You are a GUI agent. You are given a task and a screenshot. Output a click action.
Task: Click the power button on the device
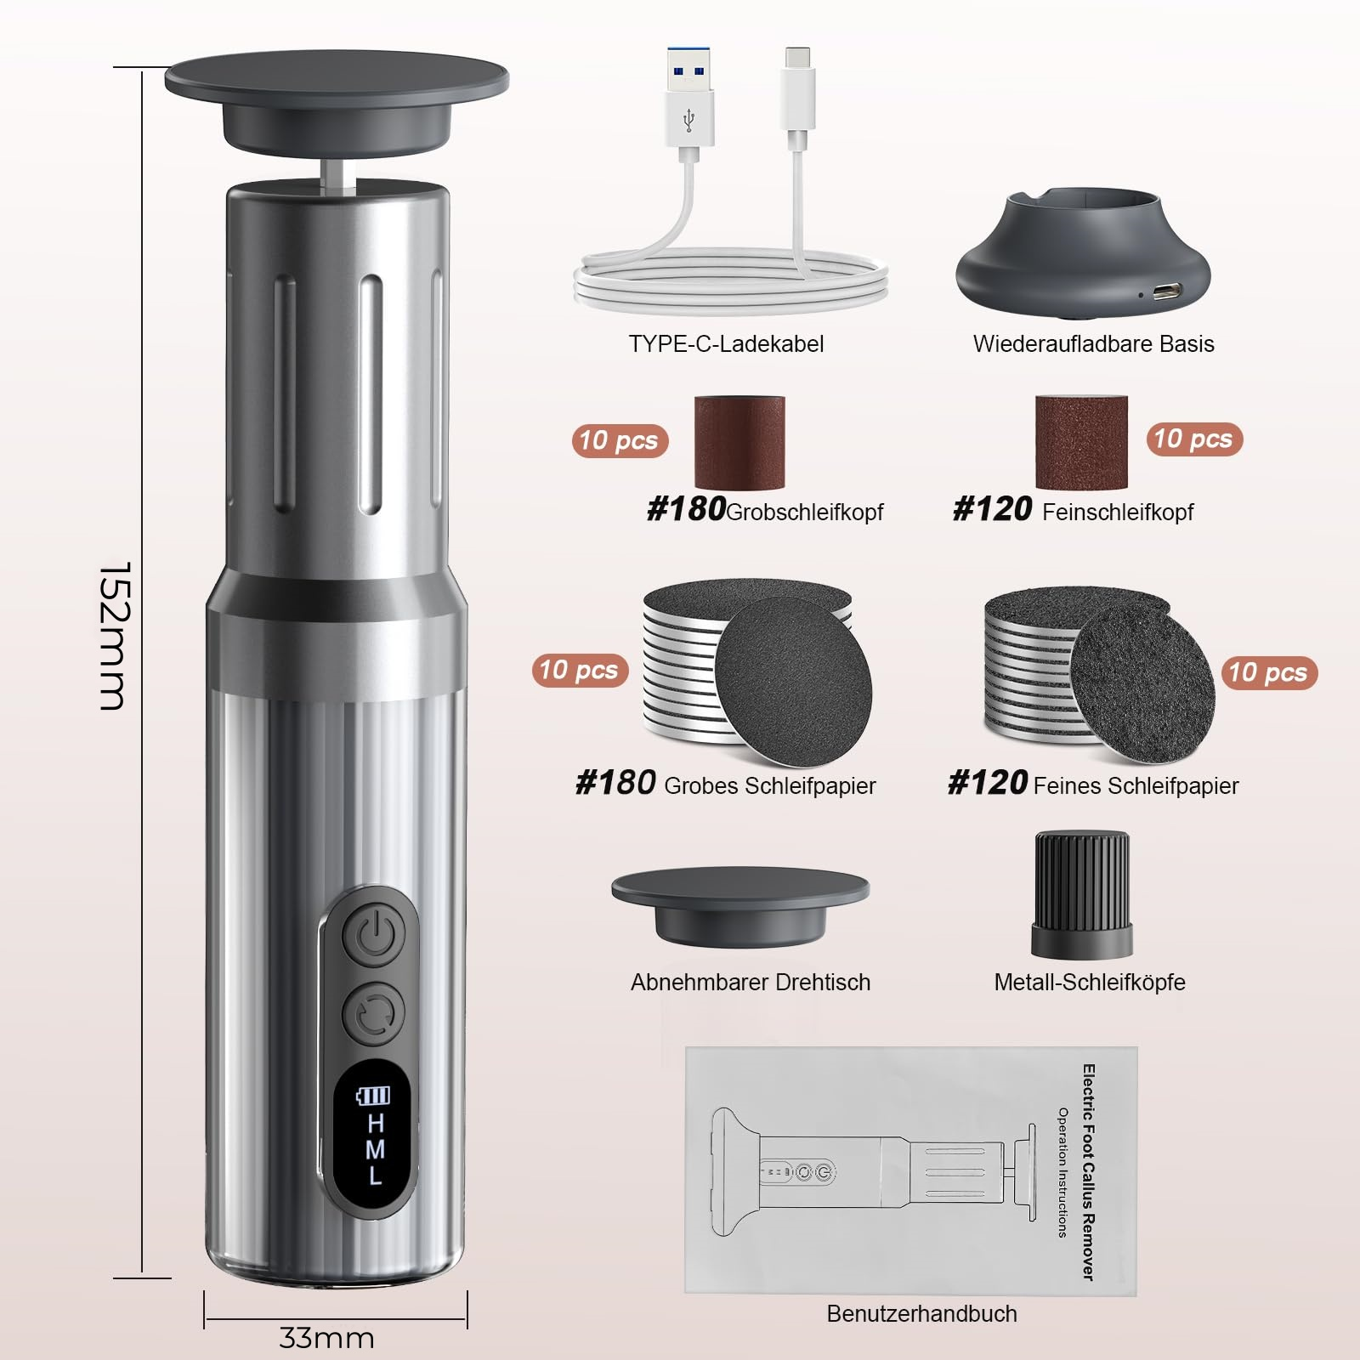(x=374, y=937)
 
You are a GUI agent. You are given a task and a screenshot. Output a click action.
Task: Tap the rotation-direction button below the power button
(x=374, y=1013)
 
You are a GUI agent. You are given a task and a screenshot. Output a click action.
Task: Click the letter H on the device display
(x=376, y=1123)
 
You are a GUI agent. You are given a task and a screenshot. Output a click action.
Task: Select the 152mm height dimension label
(x=115, y=636)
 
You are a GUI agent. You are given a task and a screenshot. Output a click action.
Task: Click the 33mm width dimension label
(x=327, y=1338)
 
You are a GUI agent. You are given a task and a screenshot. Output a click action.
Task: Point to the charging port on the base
(x=1166, y=292)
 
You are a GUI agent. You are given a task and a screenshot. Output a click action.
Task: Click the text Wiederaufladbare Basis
(x=1093, y=343)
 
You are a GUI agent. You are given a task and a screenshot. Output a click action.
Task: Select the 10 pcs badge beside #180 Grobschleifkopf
(x=620, y=440)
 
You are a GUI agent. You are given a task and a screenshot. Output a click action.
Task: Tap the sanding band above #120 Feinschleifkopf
(x=1081, y=442)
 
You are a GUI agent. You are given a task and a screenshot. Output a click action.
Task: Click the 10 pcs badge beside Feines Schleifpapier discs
(x=1269, y=672)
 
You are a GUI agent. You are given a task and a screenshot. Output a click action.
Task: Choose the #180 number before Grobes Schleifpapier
(x=615, y=782)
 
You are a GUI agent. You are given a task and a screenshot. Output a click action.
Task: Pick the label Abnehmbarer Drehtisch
(x=751, y=982)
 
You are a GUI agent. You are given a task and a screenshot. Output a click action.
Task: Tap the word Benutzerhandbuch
(x=921, y=1313)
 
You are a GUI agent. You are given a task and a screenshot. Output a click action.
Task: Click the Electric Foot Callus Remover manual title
(x=1088, y=1172)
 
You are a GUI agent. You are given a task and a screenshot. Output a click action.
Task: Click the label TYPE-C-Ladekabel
(x=726, y=343)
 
